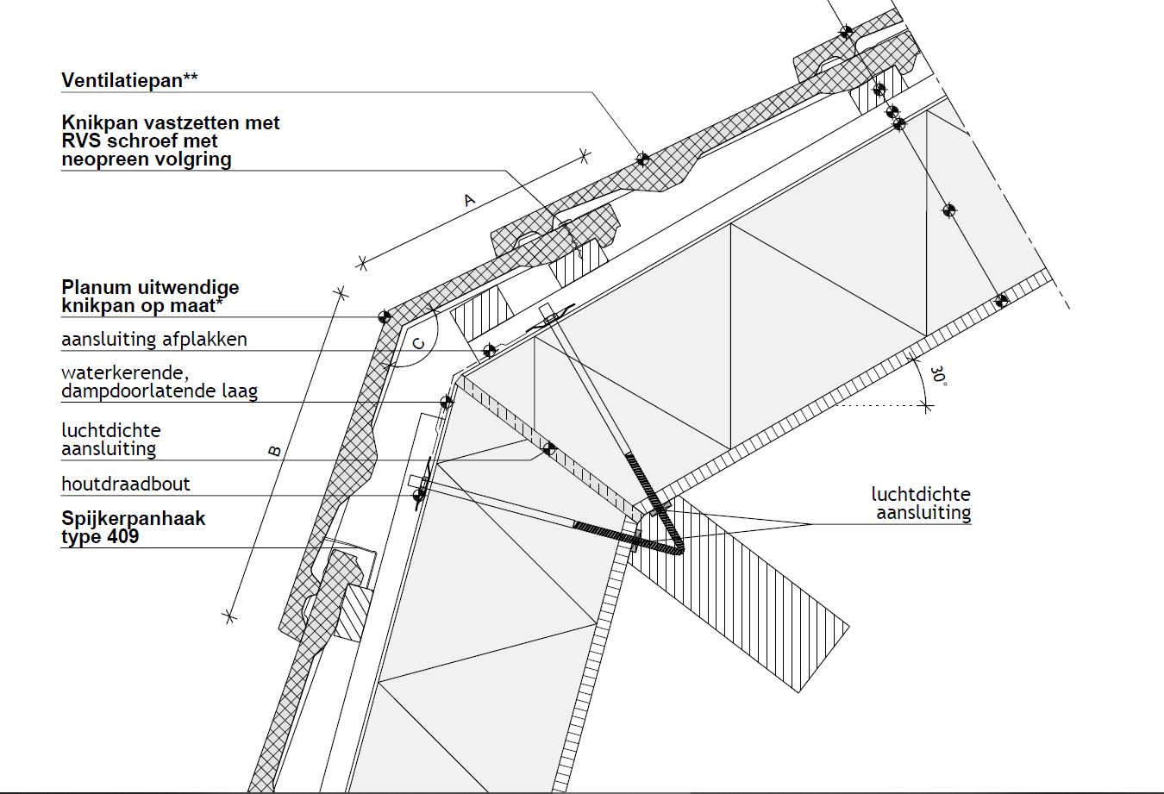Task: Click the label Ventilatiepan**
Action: (129, 81)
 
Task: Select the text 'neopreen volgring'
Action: (147, 159)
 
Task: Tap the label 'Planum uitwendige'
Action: (150, 287)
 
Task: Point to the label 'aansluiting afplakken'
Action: (153, 340)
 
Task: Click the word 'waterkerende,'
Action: (124, 373)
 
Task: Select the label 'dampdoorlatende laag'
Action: (159, 391)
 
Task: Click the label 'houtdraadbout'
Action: (126, 485)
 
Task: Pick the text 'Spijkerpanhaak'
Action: (133, 519)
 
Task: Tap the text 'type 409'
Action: (100, 537)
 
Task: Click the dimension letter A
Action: (469, 200)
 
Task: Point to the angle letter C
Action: (419, 343)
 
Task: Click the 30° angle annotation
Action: (938, 377)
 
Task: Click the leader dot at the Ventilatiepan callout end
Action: (642, 159)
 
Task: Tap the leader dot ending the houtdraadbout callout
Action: (420, 496)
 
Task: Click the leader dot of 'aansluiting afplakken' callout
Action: (489, 351)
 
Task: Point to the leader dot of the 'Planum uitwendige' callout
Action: (385, 317)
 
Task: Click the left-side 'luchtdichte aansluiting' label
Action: (110, 440)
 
